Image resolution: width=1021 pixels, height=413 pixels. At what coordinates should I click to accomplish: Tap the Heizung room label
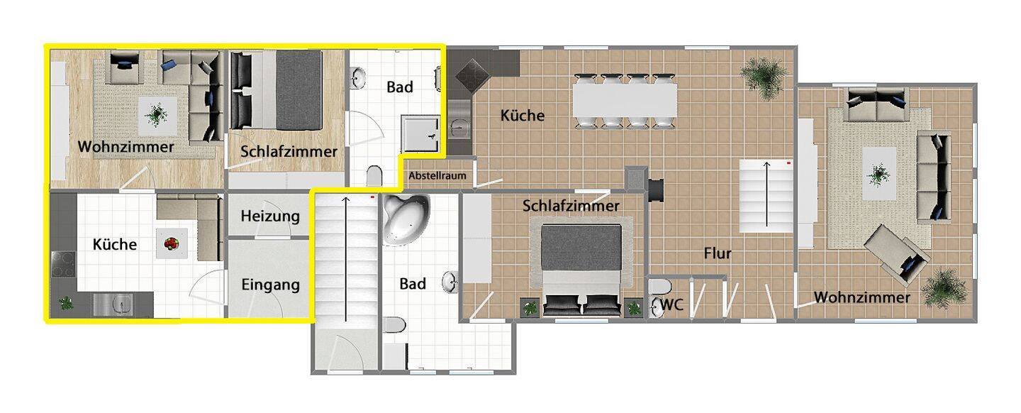[x=270, y=216]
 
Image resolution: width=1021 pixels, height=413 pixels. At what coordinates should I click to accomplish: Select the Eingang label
[x=270, y=285]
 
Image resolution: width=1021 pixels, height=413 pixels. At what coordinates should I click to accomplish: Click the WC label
[x=672, y=305]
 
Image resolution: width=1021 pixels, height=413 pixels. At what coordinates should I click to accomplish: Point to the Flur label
[x=718, y=253]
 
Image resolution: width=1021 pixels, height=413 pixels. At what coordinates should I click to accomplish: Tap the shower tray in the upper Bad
[x=422, y=135]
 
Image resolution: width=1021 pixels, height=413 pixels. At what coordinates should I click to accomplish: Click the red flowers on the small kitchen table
[x=172, y=244]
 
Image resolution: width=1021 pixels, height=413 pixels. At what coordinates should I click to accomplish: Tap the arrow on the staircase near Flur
[x=766, y=194]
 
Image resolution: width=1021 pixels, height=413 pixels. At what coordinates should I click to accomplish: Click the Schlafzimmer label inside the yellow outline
[x=289, y=151]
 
